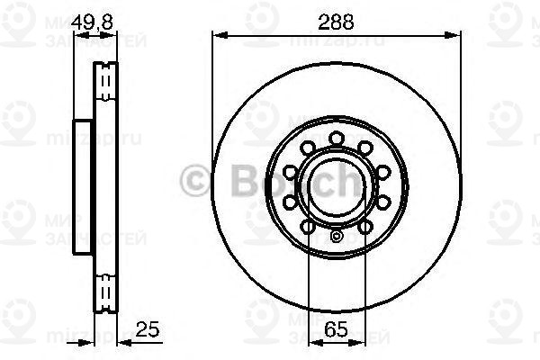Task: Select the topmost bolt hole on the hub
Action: (x=337, y=137)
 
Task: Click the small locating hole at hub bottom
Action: (x=337, y=238)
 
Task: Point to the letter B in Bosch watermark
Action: (x=236, y=180)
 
